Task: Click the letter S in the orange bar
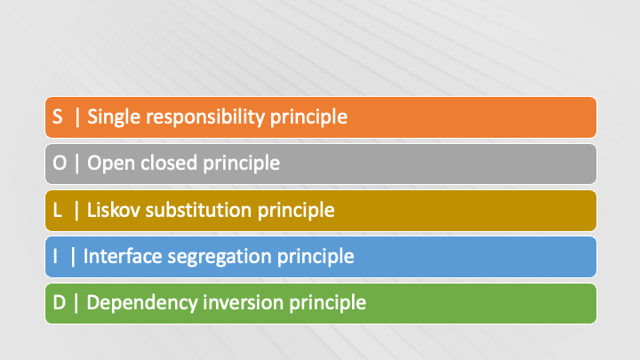point(58,116)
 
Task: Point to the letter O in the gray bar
point(60,163)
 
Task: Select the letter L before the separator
point(58,210)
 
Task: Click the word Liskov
point(114,210)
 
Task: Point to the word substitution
point(198,210)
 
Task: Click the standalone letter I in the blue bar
point(55,256)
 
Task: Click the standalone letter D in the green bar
point(60,302)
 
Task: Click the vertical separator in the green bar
point(76,303)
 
